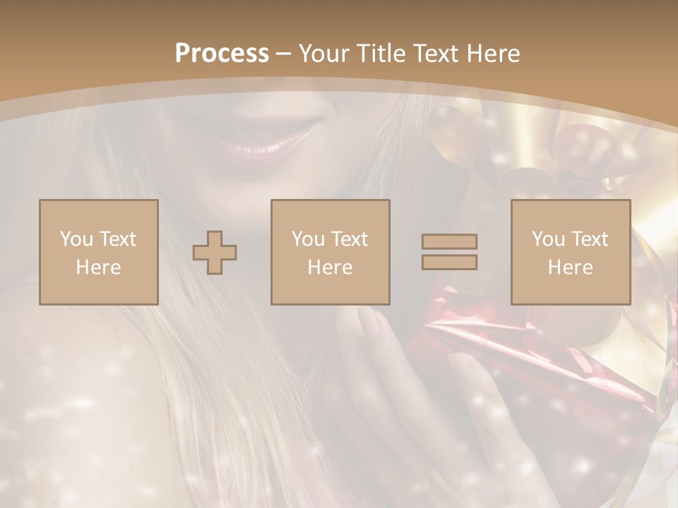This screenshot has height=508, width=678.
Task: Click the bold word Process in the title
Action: pos(222,54)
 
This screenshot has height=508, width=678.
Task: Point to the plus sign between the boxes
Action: pos(215,253)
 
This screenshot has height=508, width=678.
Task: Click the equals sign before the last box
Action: pos(449,252)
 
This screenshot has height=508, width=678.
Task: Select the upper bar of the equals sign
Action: pos(449,241)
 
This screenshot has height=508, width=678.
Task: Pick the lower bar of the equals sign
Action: pos(449,262)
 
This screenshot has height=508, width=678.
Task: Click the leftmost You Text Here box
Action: pos(99,252)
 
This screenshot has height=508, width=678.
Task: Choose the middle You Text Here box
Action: pos(331,252)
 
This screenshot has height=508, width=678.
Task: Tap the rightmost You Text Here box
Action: pos(571,252)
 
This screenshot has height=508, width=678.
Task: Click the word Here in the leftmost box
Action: pos(99,267)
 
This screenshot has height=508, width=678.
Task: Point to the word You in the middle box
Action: pos(308,239)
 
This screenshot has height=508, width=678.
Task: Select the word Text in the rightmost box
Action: pos(590,239)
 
